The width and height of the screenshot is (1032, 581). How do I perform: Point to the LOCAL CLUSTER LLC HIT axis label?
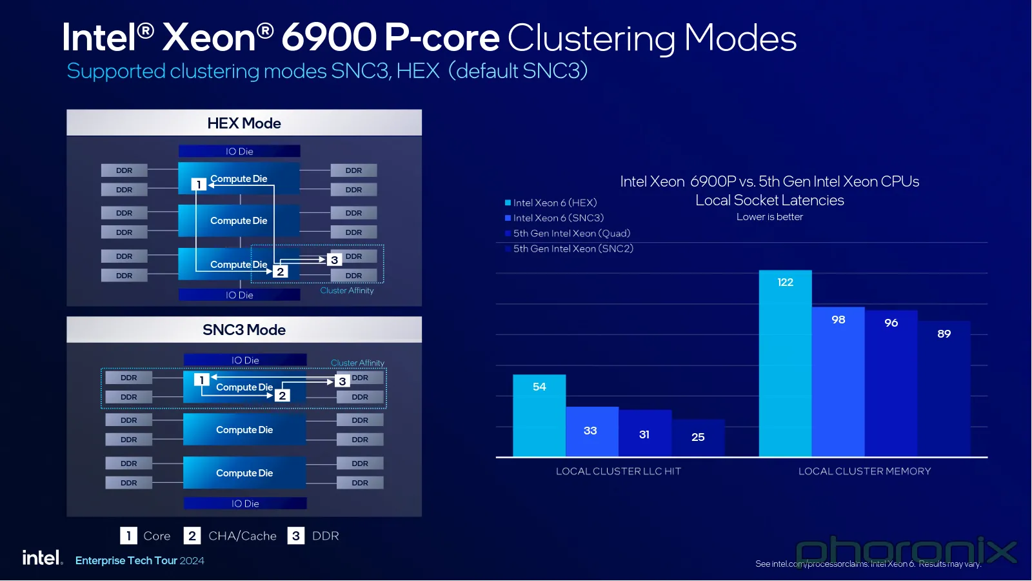[618, 471]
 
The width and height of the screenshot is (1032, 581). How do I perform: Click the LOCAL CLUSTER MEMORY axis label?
[864, 471]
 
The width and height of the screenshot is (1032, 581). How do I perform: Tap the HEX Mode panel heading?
[244, 123]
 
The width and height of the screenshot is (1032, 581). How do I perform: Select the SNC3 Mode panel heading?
[244, 330]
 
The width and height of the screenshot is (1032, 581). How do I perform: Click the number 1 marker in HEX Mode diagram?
[199, 185]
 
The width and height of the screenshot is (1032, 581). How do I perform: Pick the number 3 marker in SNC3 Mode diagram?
[342, 382]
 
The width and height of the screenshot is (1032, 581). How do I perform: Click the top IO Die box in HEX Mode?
[239, 151]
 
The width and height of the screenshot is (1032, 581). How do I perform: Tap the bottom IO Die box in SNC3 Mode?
[245, 504]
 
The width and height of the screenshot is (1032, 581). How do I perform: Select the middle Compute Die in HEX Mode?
[239, 221]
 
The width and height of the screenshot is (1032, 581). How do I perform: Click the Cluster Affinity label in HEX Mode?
[347, 290]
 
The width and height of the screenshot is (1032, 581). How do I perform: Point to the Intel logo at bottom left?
[42, 558]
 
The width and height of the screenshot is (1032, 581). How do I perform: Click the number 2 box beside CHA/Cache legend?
[192, 536]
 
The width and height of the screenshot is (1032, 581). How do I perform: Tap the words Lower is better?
[769, 217]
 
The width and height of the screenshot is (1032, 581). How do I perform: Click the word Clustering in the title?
[591, 38]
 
